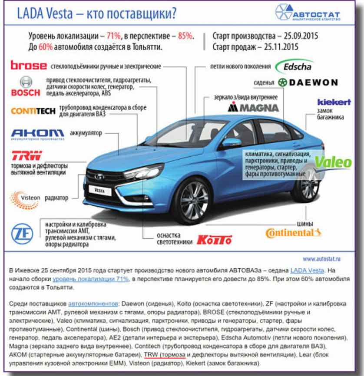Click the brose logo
28,66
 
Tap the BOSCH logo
26,87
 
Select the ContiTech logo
33,111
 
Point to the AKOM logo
37,133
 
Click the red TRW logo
26,155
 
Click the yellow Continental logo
293,233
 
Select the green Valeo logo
333,162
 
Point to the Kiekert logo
334,102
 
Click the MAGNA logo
253,107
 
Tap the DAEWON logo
308,82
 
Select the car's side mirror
231,142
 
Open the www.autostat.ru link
321,259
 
